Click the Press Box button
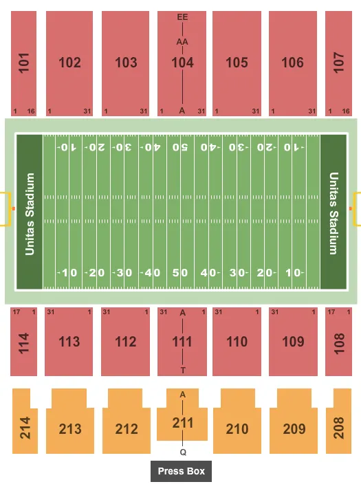(182, 472)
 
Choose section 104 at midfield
(182, 63)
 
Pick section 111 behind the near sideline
(182, 342)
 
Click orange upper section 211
(182, 422)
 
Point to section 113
(69, 342)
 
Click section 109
(294, 342)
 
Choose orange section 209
(294, 428)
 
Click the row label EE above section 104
(182, 17)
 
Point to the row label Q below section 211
(183, 453)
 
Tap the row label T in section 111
(183, 370)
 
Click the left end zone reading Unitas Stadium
(30, 211)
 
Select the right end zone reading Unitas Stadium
(333, 211)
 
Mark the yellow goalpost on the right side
(355, 209)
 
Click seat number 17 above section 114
(14, 312)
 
